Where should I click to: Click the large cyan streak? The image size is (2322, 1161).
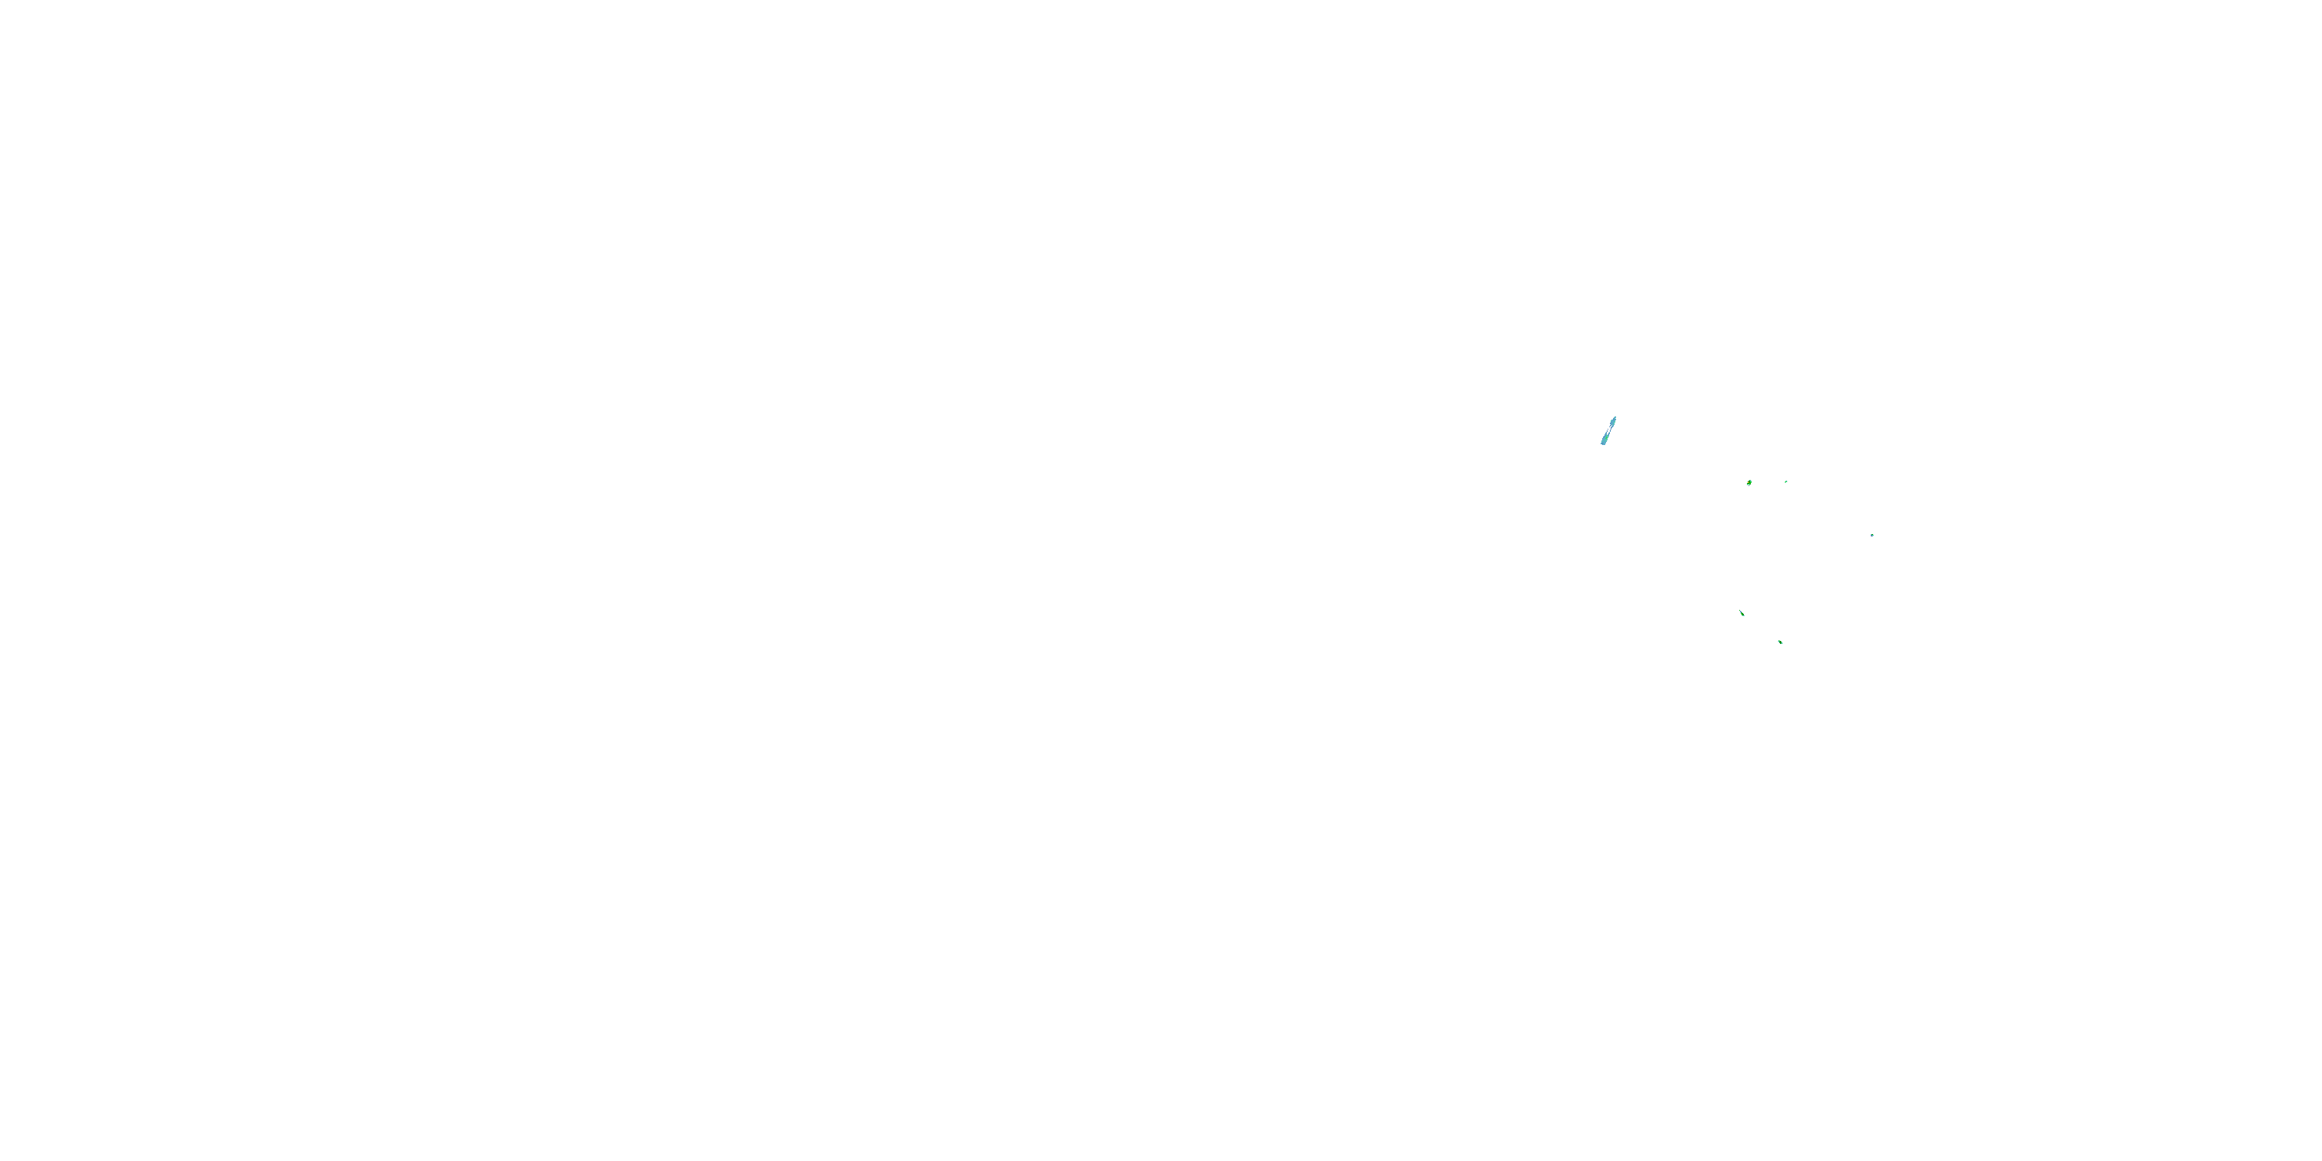coord(1608,431)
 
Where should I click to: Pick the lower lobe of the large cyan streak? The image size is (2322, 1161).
coord(1605,439)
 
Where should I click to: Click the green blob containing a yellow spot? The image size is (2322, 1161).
coord(1748,483)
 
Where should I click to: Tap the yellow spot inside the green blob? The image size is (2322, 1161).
coord(1748,483)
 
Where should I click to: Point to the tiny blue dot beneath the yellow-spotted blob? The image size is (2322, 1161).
coord(1748,487)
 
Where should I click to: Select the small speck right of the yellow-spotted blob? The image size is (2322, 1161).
coord(1786,481)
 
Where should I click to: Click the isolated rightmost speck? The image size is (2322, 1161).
coord(1872,536)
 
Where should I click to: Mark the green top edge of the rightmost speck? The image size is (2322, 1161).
coord(1872,535)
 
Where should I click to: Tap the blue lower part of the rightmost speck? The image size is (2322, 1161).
coord(1872,536)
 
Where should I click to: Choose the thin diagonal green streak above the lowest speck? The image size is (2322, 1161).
coord(1741,613)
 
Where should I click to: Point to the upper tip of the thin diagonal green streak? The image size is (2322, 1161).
coord(1740,610)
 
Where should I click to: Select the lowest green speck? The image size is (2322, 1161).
coord(1780,642)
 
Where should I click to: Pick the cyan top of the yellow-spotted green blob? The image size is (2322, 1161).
coord(1749,481)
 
